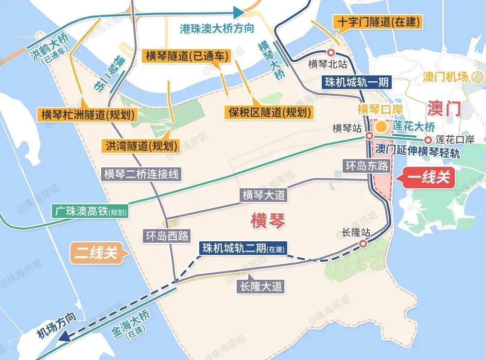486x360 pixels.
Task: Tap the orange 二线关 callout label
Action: click(97, 252)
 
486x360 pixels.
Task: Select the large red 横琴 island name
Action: click(267, 220)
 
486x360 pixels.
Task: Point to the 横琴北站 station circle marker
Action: click(330, 53)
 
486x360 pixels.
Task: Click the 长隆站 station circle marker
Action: click(363, 244)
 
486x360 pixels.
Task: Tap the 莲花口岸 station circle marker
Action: click(428, 140)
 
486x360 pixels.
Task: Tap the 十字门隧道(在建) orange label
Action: click(377, 22)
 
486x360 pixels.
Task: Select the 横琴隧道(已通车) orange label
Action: click(186, 55)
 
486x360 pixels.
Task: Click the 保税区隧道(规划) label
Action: click(268, 112)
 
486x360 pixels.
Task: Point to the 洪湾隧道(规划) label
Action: click(139, 145)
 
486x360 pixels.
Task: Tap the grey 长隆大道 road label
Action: click(261, 286)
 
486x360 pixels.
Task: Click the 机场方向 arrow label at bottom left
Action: click(57, 327)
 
